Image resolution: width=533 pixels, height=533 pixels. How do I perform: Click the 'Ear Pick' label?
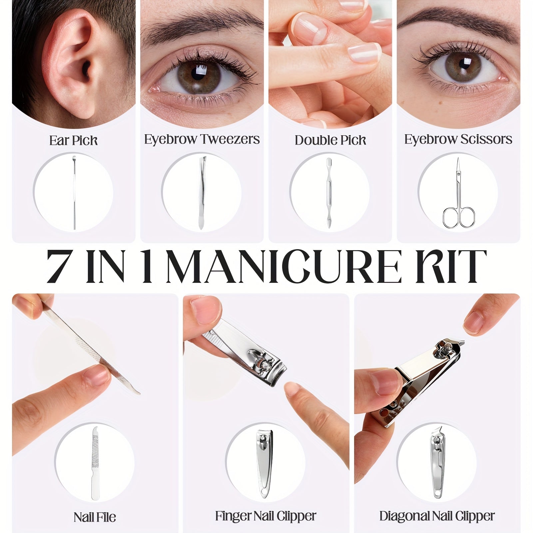pyautogui.click(x=74, y=140)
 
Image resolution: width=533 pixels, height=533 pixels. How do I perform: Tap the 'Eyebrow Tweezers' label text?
pyautogui.click(x=202, y=139)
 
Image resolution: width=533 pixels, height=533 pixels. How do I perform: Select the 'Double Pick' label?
pyautogui.click(x=330, y=140)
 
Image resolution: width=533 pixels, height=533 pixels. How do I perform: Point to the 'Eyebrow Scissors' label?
pyautogui.click(x=458, y=139)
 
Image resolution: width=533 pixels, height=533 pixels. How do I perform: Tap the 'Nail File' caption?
pyautogui.click(x=95, y=517)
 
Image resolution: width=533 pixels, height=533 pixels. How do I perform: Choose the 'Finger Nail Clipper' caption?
pyautogui.click(x=266, y=516)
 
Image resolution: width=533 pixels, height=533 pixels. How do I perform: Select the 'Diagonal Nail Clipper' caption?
pyautogui.click(x=437, y=516)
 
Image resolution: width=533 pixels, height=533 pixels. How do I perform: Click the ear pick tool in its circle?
pyautogui.click(x=74, y=193)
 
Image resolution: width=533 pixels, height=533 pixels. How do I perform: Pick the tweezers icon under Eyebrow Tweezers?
pyautogui.click(x=201, y=193)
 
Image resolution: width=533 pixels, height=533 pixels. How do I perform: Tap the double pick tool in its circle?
pyautogui.click(x=329, y=193)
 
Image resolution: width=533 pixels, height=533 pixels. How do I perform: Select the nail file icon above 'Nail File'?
pyautogui.click(x=95, y=463)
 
